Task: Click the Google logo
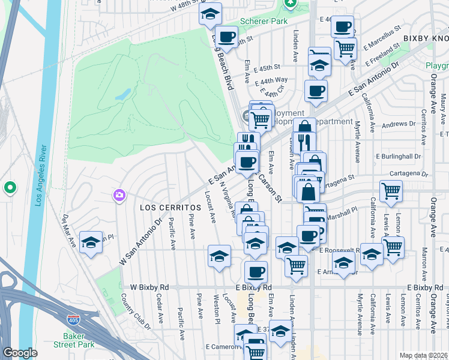click(20, 353)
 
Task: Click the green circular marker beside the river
click(10, 188)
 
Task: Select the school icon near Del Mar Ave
click(91, 242)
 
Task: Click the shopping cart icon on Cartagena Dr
click(391, 191)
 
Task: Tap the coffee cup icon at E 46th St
click(342, 27)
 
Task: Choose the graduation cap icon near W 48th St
click(210, 13)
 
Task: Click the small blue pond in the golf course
click(122, 94)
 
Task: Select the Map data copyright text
click(423, 355)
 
